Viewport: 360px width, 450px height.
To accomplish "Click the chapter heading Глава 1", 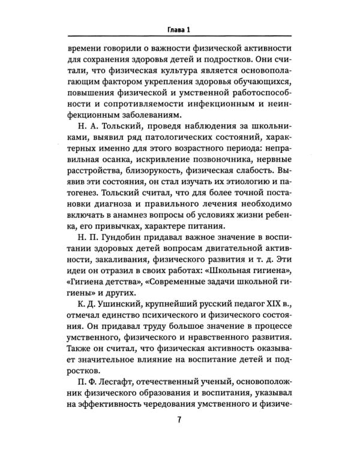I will [x=179, y=29].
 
